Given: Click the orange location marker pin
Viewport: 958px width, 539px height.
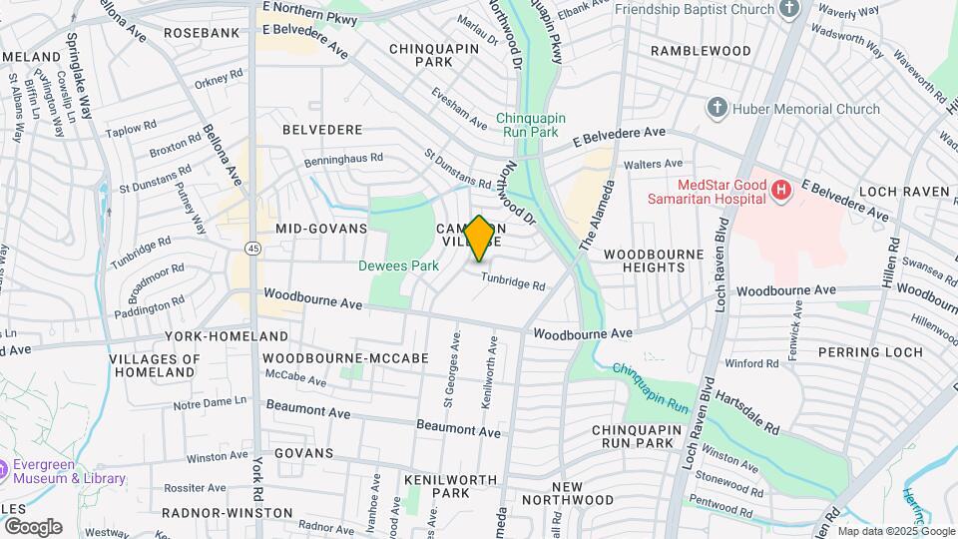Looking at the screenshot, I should coord(479,239).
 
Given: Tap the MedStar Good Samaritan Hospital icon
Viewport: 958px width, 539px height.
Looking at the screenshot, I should coord(781,189).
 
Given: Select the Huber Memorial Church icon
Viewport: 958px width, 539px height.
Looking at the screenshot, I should coord(716,108).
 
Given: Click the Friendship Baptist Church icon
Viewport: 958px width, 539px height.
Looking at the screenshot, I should coord(789,10).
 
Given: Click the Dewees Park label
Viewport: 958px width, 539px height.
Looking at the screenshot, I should coord(399,267).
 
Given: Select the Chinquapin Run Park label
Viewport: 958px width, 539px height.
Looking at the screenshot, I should coord(531,124).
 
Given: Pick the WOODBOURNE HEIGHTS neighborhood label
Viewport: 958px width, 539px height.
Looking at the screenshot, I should coord(654,262).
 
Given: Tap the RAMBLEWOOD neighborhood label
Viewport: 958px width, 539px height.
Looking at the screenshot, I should coord(701,50).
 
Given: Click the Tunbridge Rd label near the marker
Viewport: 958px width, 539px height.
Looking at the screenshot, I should coord(513,283).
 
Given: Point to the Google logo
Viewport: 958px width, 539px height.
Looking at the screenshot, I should coord(32,527).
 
